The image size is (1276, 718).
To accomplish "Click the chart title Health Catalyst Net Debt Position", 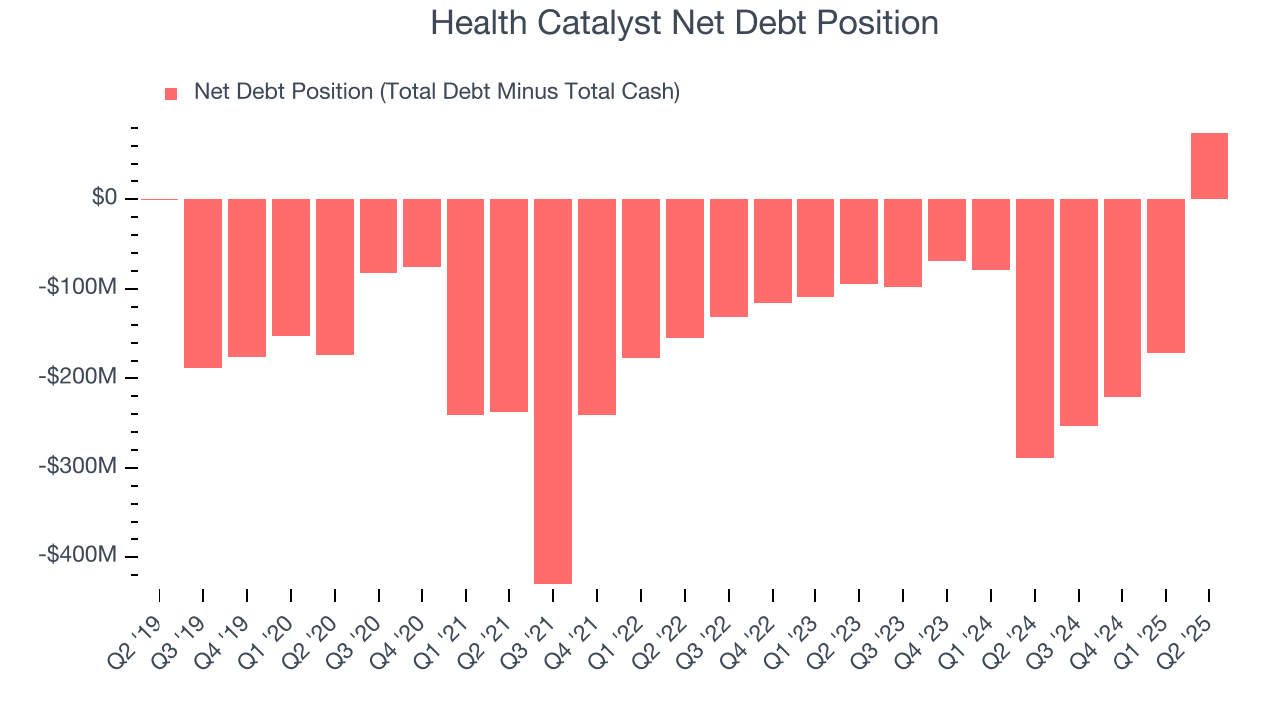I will [x=684, y=23].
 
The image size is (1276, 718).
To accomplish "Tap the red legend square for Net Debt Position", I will [x=171, y=93].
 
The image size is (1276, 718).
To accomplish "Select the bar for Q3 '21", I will [x=553, y=391].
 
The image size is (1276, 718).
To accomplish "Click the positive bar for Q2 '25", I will [x=1209, y=166].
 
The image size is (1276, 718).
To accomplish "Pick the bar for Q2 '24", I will [x=1035, y=328].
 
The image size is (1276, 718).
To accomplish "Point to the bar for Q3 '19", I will [x=203, y=283].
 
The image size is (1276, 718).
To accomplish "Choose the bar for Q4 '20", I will [x=422, y=233].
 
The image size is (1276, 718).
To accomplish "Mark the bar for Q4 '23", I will [x=947, y=230].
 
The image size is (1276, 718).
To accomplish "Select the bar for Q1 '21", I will [x=466, y=306].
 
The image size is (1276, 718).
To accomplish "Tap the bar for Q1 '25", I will [x=1165, y=276].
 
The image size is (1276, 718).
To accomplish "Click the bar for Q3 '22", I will [x=729, y=258].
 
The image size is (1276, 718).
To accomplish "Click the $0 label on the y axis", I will [x=103, y=198].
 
